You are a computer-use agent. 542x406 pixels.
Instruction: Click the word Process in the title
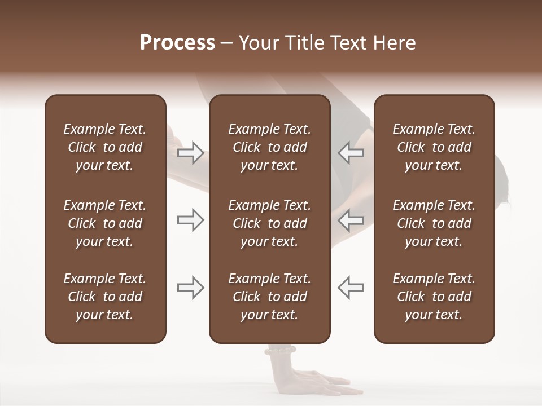[177, 43]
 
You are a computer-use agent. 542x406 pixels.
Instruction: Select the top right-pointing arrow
[190, 153]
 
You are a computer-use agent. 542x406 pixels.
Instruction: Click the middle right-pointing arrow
[190, 220]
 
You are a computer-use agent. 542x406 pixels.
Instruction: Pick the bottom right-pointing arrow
[190, 288]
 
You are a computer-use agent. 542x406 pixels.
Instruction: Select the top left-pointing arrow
[351, 153]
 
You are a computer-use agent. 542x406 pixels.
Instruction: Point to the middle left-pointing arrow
[351, 220]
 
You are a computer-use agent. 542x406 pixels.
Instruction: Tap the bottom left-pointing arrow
[351, 288]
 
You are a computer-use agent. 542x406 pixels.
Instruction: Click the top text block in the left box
[105, 147]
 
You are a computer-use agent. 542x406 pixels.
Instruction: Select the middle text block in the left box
[105, 223]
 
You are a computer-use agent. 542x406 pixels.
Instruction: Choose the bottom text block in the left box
[105, 297]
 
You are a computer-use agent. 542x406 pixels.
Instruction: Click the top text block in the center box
[270, 147]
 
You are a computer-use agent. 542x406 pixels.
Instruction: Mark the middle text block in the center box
[270, 223]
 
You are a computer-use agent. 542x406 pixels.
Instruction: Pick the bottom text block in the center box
[270, 297]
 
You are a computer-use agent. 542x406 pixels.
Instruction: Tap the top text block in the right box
[434, 147]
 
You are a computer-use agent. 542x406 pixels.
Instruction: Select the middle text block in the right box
[434, 223]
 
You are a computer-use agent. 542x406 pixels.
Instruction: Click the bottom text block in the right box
[434, 297]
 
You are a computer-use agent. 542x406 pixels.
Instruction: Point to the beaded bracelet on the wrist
[279, 350]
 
